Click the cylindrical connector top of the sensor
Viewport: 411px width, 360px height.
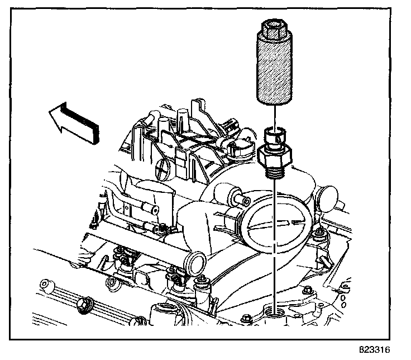click(274, 134)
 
